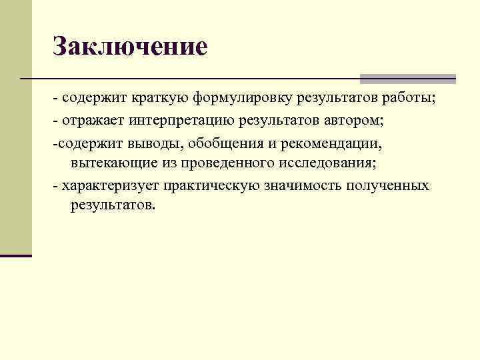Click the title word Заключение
click(130, 47)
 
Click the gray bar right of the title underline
click(407, 79)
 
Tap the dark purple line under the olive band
click(16, 255)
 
